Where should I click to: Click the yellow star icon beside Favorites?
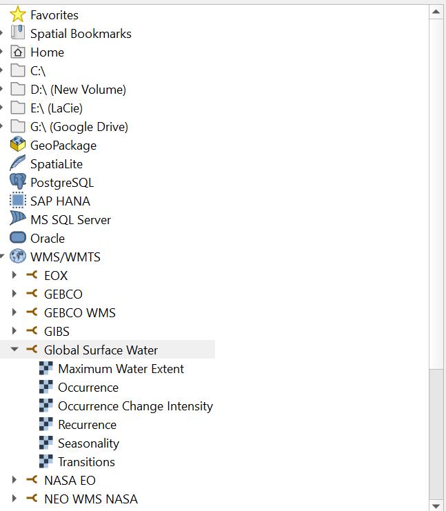(x=18, y=14)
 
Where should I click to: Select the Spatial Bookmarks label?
(x=81, y=33)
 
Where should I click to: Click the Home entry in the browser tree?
(x=47, y=52)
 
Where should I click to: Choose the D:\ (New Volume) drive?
(x=78, y=89)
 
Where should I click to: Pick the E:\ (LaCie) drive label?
(x=57, y=108)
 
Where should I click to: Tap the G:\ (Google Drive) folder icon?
(x=18, y=126)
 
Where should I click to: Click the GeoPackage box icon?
(x=18, y=145)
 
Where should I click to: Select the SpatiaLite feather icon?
(x=18, y=163)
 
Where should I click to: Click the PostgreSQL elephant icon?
(x=18, y=182)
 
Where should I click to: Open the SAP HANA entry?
(x=60, y=201)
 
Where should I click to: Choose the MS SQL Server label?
(x=70, y=219)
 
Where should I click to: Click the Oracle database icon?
(x=18, y=238)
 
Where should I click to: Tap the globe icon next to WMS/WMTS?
(x=18, y=257)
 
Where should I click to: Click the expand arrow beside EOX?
(x=14, y=275)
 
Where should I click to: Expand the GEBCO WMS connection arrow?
(x=14, y=312)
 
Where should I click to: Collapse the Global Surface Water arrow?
(x=14, y=350)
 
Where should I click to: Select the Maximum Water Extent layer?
(x=121, y=368)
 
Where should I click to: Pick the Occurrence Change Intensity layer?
(x=135, y=405)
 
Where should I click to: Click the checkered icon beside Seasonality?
(x=46, y=443)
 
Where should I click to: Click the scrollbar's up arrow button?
(x=436, y=12)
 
